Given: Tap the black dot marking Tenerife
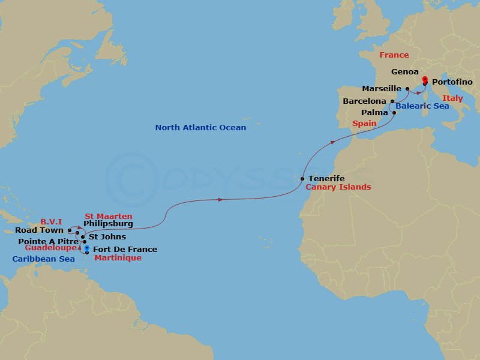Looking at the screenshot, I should [303, 178].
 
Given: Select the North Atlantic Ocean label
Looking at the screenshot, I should [200, 128].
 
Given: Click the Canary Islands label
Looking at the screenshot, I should [338, 187].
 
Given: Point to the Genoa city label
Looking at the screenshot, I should [405, 71].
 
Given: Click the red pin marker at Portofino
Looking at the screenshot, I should [425, 80].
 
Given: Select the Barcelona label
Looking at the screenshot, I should [364, 101].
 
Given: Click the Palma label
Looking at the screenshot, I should [374, 112].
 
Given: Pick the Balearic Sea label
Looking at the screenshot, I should [422, 106].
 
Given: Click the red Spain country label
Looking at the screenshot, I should [364, 124].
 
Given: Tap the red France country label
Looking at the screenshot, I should [394, 55].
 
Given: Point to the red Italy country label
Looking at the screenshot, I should [452, 98].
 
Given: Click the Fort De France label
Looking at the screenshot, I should [125, 250].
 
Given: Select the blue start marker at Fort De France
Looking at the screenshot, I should [88, 249].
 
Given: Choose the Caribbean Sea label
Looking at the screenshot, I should [43, 259].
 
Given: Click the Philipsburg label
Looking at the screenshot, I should [108, 224].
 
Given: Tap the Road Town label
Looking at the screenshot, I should [40, 230].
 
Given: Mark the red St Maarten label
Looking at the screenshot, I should [108, 216].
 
